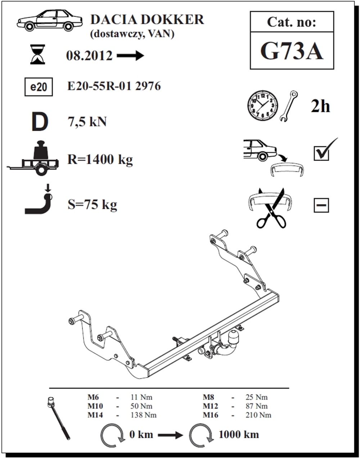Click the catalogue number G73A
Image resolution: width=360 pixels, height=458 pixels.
[292, 51]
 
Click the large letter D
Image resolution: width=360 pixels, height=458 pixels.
[40, 122]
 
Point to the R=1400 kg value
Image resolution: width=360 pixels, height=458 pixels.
[100, 159]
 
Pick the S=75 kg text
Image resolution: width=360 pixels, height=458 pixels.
[92, 205]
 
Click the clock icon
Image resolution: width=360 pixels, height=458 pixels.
[262, 105]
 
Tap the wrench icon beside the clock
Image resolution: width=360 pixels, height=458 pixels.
[289, 106]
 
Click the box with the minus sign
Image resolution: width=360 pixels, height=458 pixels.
[321, 206]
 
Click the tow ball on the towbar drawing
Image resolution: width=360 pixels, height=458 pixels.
[235, 338]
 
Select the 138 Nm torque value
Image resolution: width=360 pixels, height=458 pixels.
[143, 415]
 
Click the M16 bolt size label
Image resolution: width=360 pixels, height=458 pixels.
[210, 415]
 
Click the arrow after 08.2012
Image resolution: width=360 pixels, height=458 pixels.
[130, 56]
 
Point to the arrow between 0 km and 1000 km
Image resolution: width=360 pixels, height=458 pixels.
[170, 435]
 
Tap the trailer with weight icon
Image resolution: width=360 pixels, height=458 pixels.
[33, 158]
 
